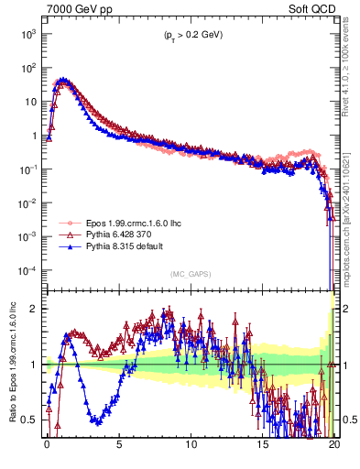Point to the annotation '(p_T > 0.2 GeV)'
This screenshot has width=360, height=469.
coord(188,35)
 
